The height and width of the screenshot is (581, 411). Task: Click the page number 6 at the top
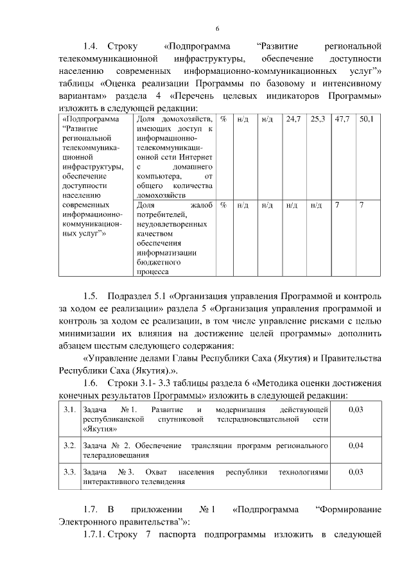point(217,29)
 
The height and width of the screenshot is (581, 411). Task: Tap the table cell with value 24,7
point(293,119)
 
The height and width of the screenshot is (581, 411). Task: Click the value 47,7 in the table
point(342,119)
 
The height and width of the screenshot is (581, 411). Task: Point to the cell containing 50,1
point(366,119)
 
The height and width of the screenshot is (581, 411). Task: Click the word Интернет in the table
point(195,157)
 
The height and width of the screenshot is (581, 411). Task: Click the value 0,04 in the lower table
point(355,445)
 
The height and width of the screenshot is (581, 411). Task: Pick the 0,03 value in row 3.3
point(355,472)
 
